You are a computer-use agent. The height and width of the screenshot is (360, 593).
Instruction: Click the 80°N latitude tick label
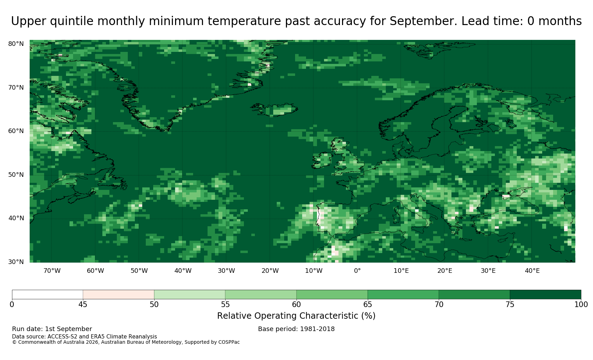pyautogui.click(x=16, y=44)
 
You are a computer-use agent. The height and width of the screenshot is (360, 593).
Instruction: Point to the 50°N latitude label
pyautogui.click(x=16, y=175)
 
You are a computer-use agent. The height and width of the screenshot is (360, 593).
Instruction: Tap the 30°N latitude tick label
pyautogui.click(x=16, y=262)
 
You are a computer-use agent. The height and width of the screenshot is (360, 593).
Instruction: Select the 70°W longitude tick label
pyautogui.click(x=52, y=271)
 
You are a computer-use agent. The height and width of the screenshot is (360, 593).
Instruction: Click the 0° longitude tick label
pyautogui.click(x=357, y=271)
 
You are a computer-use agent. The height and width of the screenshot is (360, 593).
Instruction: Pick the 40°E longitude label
pyautogui.click(x=532, y=271)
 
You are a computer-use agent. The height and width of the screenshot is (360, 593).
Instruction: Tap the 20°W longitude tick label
pyautogui.click(x=270, y=271)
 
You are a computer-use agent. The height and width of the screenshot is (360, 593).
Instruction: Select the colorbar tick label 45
pyautogui.click(x=83, y=305)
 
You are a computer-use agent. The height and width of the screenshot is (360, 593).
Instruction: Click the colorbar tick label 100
pyautogui.click(x=581, y=305)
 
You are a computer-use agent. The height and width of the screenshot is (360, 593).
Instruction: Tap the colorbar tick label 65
pyautogui.click(x=367, y=305)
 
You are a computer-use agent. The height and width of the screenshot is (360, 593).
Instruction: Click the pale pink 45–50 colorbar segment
pyautogui.click(x=119, y=295)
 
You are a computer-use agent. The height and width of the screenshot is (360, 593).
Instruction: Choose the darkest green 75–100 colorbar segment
pyautogui.click(x=545, y=295)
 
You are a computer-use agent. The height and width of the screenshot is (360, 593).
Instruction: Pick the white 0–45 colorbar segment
pyautogui.click(x=47, y=295)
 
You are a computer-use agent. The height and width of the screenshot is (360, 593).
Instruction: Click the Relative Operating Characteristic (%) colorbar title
pyautogui.click(x=296, y=316)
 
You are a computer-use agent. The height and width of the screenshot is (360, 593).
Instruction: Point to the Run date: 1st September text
pyautogui.click(x=52, y=329)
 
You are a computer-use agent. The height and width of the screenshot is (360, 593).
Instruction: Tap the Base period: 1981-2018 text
pyautogui.click(x=296, y=329)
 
